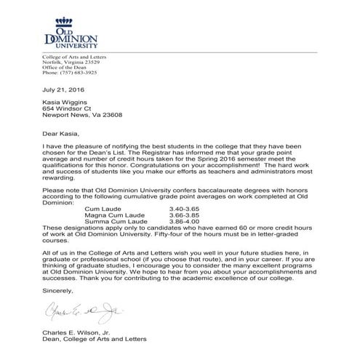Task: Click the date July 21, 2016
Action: [x=58, y=90]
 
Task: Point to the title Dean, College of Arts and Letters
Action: [x=95, y=339]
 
